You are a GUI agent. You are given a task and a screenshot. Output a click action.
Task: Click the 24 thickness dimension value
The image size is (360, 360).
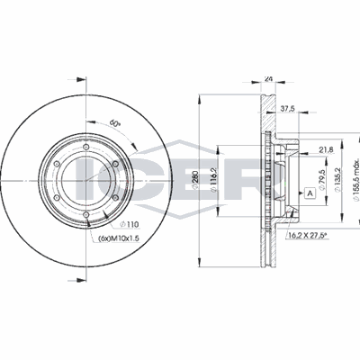click(268, 79)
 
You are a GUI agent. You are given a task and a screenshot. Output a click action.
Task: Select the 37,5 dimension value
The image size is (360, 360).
click(286, 109)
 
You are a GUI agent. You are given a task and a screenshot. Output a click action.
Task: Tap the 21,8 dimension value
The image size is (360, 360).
click(326, 150)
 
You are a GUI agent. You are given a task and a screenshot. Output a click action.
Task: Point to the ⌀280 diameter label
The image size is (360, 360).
click(194, 180)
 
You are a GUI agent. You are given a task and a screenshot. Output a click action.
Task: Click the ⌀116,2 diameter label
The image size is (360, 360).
click(213, 180)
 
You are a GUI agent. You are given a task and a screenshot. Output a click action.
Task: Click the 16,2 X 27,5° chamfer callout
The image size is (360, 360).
click(307, 236)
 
